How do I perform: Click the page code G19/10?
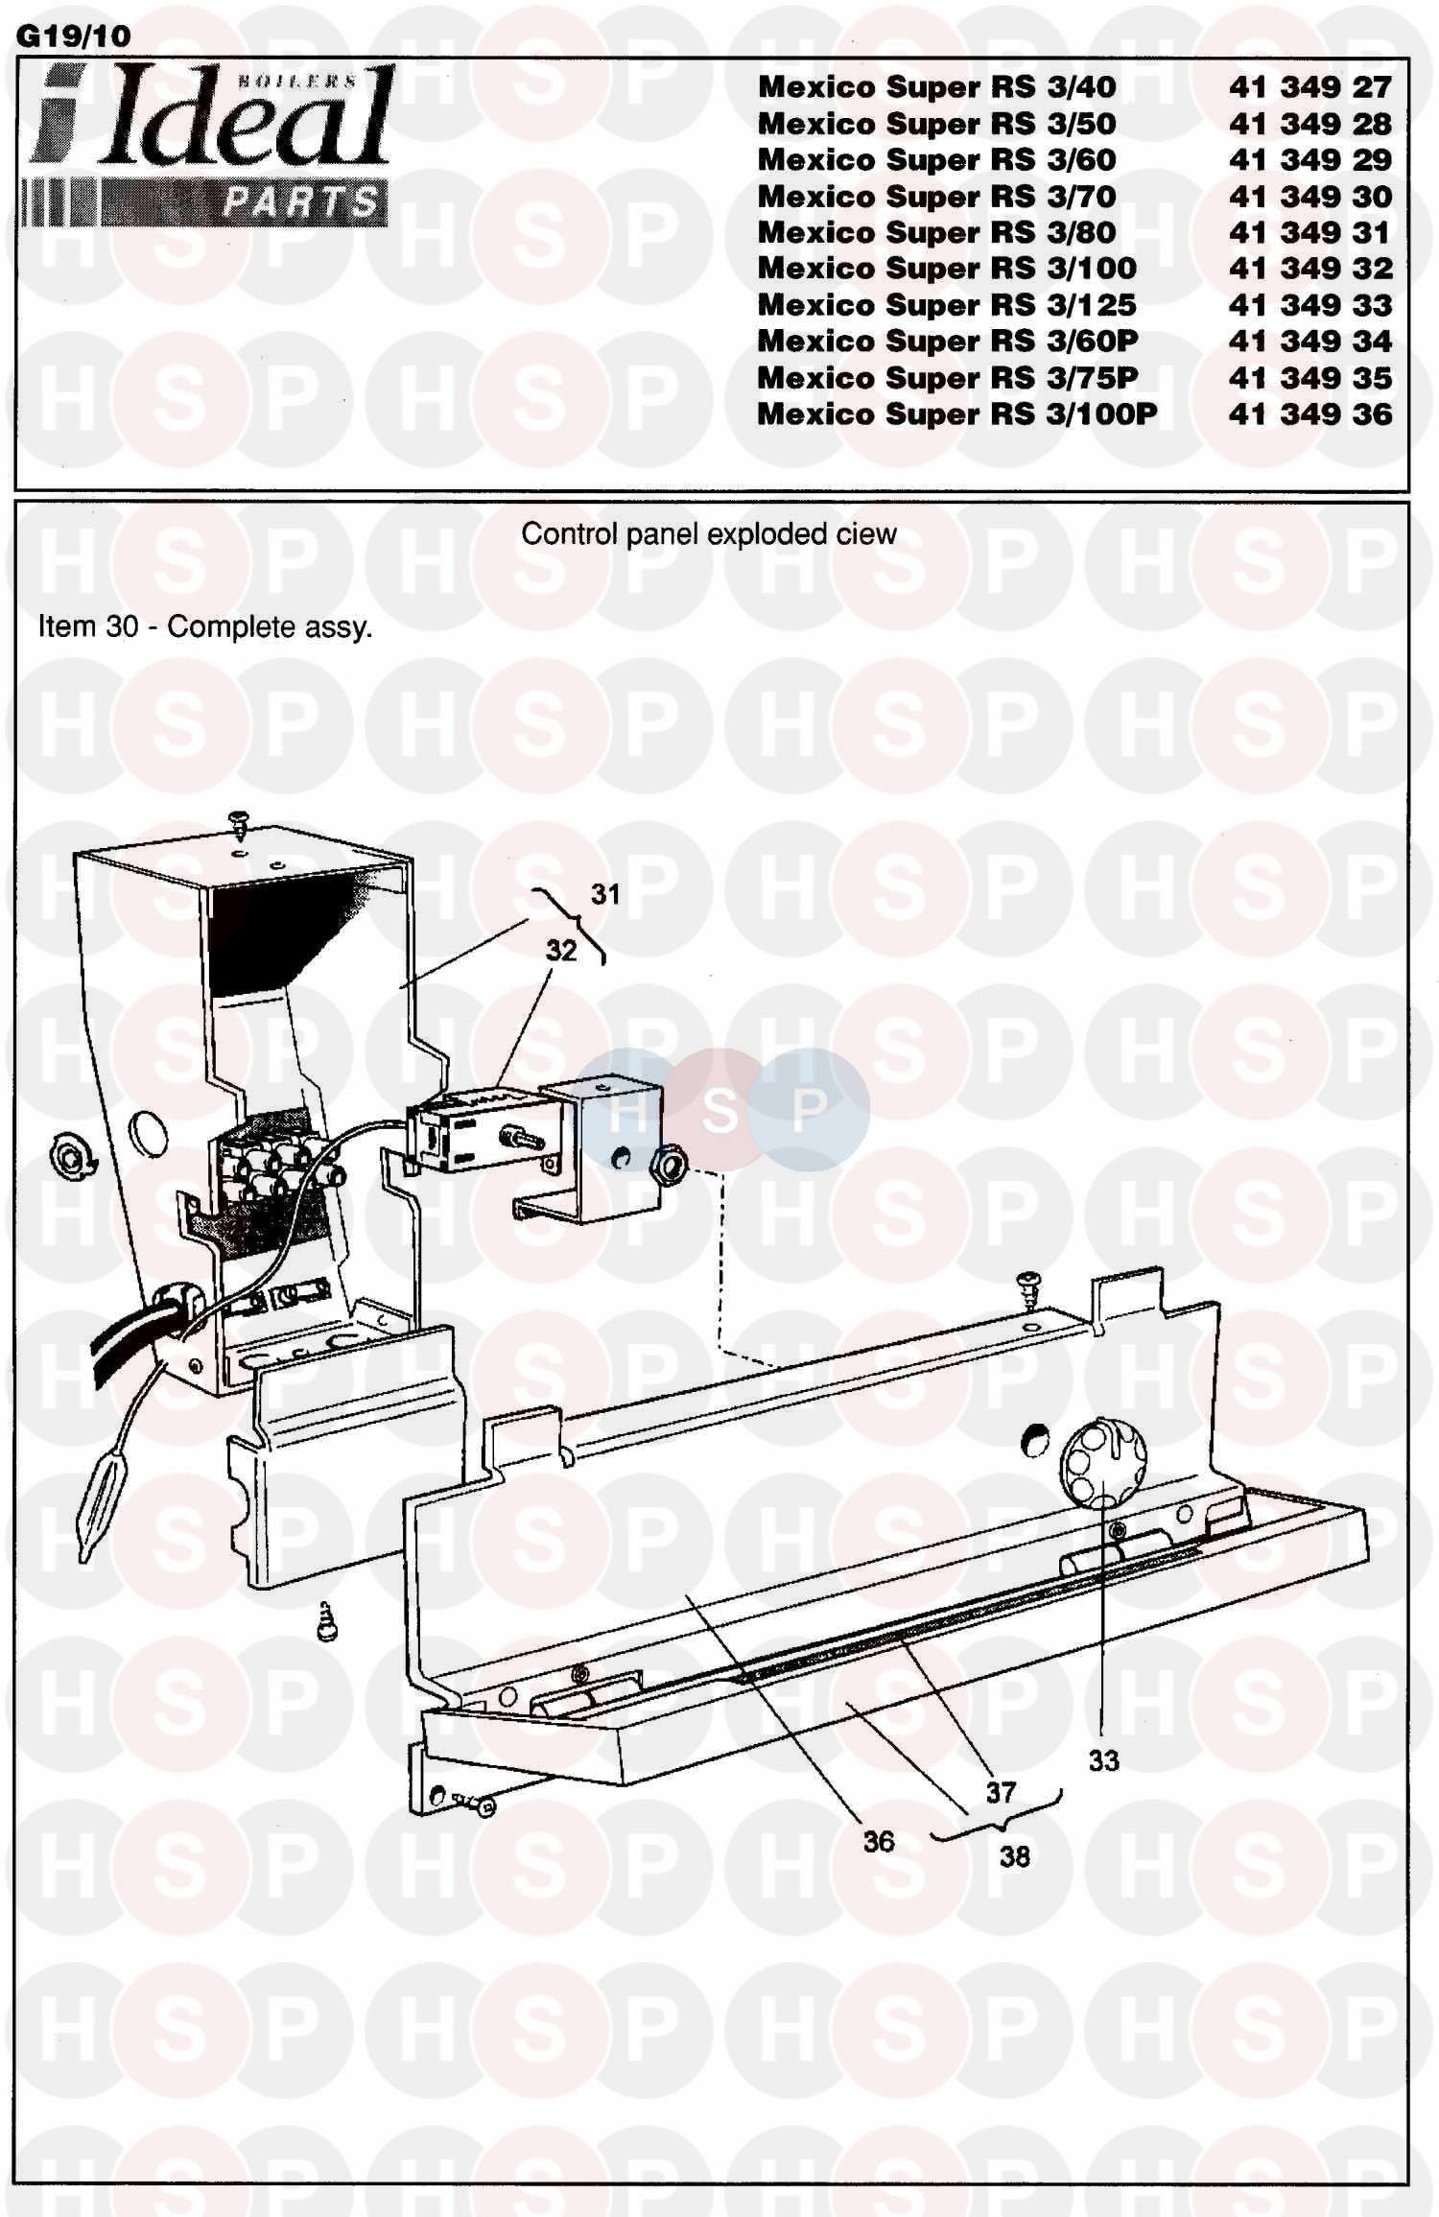pyautogui.click(x=74, y=35)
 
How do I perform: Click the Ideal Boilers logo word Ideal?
pyautogui.click(x=245, y=118)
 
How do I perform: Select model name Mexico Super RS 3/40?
pyautogui.click(x=936, y=87)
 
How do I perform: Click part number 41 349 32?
pyautogui.click(x=1309, y=269)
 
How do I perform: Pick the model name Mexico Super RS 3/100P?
pyautogui.click(x=956, y=414)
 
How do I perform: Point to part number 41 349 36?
pyautogui.click(x=1309, y=414)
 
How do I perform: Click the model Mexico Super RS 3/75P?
pyautogui.click(x=947, y=378)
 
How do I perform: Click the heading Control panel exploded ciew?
pyautogui.click(x=708, y=534)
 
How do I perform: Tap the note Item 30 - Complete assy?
pyautogui.click(x=204, y=627)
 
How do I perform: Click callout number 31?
pyautogui.click(x=605, y=894)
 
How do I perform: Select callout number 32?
pyautogui.click(x=561, y=951)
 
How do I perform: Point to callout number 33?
pyautogui.click(x=1103, y=1760)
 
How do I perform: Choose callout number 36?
pyautogui.click(x=878, y=1841)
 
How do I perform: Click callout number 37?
pyautogui.click(x=1001, y=1792)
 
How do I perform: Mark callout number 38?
pyautogui.click(x=1014, y=1856)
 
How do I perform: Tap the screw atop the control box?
pyautogui.click(x=238, y=821)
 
